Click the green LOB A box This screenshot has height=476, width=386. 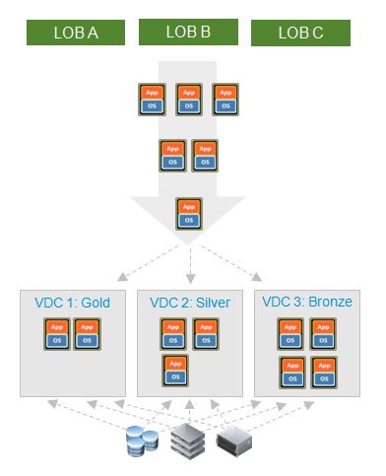pyautogui.click(x=75, y=33)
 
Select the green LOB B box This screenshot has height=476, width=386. pyautogui.click(x=188, y=32)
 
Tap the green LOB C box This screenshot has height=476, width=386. pyautogui.click(x=300, y=33)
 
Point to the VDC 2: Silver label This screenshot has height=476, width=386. pyautogui.click(x=188, y=302)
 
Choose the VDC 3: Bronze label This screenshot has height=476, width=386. pyautogui.click(x=304, y=302)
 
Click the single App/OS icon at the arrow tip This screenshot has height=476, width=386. pyautogui.click(x=188, y=213)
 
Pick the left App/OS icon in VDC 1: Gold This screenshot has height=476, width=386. pyautogui.click(x=58, y=333)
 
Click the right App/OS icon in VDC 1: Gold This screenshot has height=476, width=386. pyautogui.click(x=87, y=333)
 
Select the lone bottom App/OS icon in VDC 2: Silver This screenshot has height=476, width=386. pyautogui.click(x=174, y=370)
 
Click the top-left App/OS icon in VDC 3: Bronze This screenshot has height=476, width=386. pyautogui.click(x=290, y=333)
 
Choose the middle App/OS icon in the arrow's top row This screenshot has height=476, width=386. pyautogui.click(x=189, y=98)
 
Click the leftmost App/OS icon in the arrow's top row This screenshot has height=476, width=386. pyautogui.click(x=153, y=98)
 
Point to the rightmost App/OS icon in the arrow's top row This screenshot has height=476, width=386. pyautogui.click(x=225, y=98)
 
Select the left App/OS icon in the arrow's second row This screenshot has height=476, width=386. pyautogui.click(x=171, y=155)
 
